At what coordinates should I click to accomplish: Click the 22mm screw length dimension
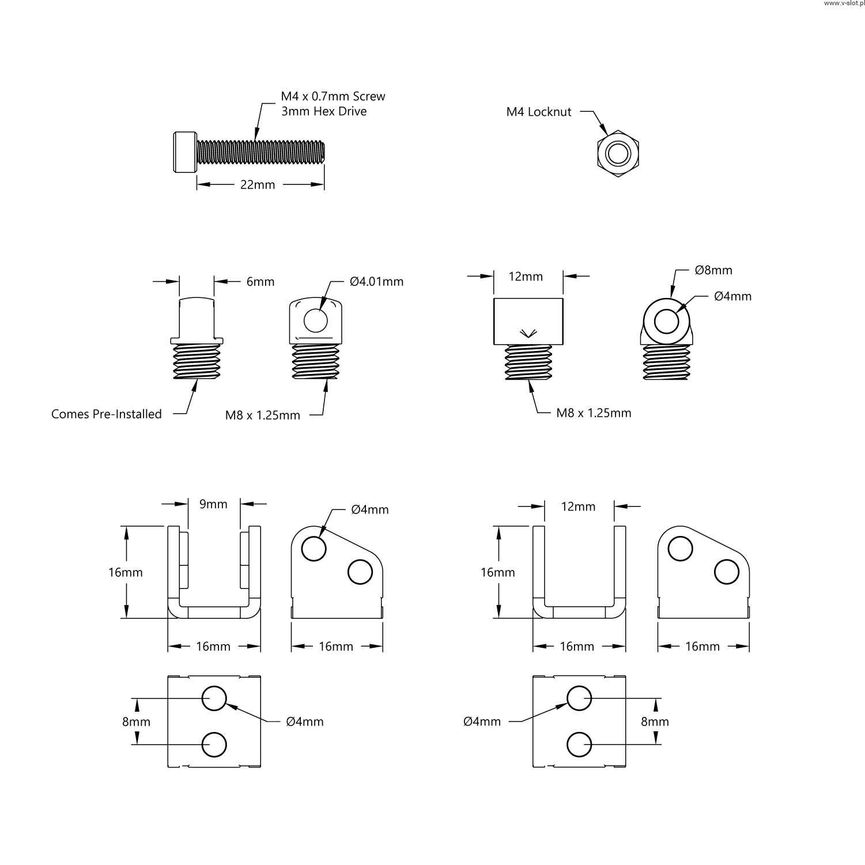click(258, 185)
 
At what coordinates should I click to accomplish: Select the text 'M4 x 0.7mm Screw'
click(333, 96)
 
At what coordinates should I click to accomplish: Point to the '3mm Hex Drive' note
click(324, 111)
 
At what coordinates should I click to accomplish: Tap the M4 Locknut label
click(539, 112)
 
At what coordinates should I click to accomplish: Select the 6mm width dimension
click(260, 282)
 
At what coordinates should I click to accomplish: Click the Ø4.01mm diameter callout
click(376, 282)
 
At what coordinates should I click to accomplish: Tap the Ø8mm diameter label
click(713, 270)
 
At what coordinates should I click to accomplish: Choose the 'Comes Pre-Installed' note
click(107, 414)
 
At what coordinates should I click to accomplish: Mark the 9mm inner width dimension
click(213, 504)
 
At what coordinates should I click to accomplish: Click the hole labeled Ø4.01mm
click(315, 320)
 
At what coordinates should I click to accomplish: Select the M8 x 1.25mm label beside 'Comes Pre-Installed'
click(263, 415)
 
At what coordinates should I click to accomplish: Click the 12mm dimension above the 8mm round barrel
click(526, 277)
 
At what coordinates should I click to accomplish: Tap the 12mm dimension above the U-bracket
click(578, 507)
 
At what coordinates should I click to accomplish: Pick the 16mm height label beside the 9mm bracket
click(126, 572)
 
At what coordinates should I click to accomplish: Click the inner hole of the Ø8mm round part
click(667, 321)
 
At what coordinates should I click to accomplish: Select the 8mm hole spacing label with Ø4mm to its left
click(655, 722)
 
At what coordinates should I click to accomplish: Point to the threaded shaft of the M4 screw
click(260, 151)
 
